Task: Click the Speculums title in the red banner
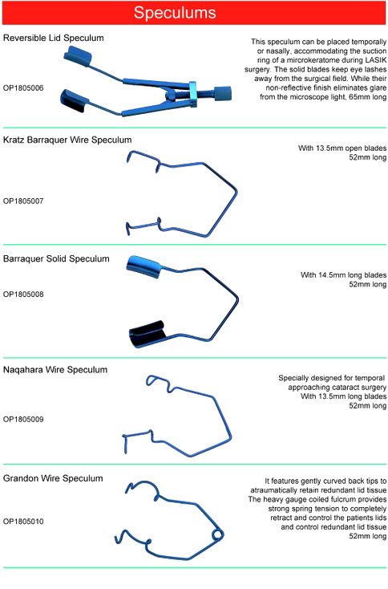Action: coord(175,12)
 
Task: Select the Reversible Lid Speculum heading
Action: coord(53,38)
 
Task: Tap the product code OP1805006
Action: coord(23,88)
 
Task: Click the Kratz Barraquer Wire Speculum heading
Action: coord(67,140)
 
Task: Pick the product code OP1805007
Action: coord(23,201)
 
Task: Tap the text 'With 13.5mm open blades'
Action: coord(342,148)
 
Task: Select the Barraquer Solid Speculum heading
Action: coord(56,259)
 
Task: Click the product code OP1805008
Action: coord(23,294)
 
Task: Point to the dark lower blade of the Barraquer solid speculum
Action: coord(147,334)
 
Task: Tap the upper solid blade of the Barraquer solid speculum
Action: coord(144,266)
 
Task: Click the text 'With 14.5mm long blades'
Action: coord(343,275)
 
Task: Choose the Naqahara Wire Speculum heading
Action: coord(55,370)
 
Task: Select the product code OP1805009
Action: coord(23,419)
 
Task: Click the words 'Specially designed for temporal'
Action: coord(331,378)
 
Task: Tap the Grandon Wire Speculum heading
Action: coord(53,478)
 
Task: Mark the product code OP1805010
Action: coord(23,522)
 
